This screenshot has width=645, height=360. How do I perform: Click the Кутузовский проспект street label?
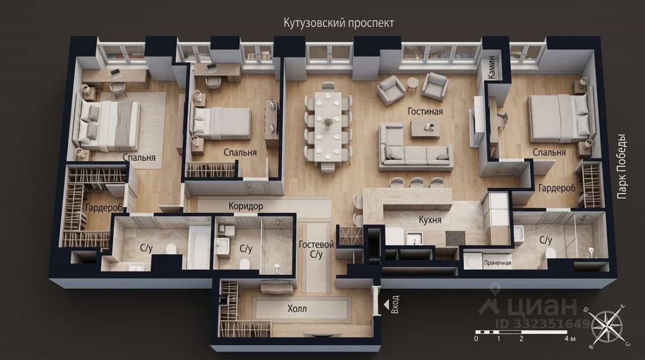[339, 23]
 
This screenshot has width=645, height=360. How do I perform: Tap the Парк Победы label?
[622, 166]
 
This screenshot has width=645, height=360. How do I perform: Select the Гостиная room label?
[425, 111]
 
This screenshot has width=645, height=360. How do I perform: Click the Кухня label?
[430, 220]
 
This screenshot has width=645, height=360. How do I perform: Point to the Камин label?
[492, 68]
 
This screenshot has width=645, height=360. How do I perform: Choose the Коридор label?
[246, 206]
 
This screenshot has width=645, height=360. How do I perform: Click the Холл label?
[297, 309]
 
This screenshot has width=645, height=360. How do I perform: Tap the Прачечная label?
[497, 263]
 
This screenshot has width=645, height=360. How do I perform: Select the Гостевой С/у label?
[316, 250]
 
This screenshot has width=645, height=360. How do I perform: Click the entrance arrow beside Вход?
[386, 304]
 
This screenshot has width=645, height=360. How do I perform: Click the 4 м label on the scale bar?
[570, 339]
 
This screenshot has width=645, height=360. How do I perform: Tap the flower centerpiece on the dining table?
[328, 123]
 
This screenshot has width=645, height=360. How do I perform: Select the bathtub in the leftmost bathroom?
[199, 247]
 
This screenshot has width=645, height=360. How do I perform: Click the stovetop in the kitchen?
[455, 238]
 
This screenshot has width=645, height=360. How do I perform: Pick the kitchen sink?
[415, 238]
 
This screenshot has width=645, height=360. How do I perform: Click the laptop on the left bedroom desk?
[116, 74]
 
